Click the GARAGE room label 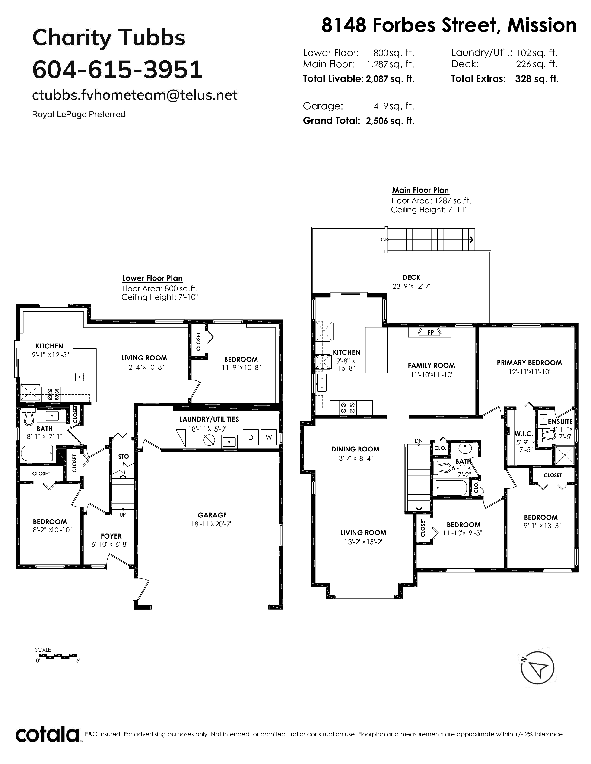click(212, 515)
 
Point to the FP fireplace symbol click(430, 333)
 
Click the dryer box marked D click(250, 437)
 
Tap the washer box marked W click(269, 437)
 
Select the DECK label click(411, 277)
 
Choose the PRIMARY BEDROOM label click(529, 363)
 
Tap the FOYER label click(111, 536)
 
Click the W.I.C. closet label click(524, 434)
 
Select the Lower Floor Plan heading click(152, 279)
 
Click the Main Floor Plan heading click(420, 190)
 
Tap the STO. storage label click(124, 457)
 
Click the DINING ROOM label click(355, 449)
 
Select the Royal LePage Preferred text click(79, 114)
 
